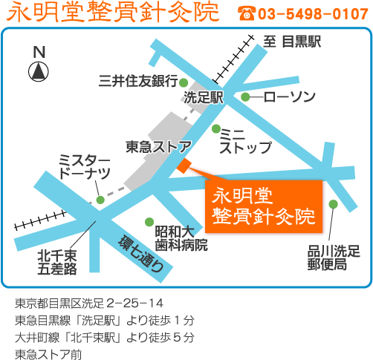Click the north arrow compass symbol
pos(39,72)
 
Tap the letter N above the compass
pos(39,52)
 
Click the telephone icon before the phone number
pos(247,13)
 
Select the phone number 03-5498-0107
pos(313,14)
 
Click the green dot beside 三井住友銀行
pos(184,82)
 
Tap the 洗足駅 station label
pos(204,97)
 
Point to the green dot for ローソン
pos(245,96)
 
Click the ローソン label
pos(290,96)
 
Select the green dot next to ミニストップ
pos(216,128)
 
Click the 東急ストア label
pos(159,146)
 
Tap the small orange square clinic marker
pos(184,166)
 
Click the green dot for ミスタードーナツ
pos(100,200)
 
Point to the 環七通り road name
pos(141,253)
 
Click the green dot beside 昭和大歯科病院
pos(149,222)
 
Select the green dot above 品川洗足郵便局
pos(334,204)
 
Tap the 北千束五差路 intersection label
pos(57,262)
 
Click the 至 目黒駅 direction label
pos(292,42)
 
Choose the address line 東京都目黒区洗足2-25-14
pos(89,304)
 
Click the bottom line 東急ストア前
pos(48,354)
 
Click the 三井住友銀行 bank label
pos(138,81)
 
